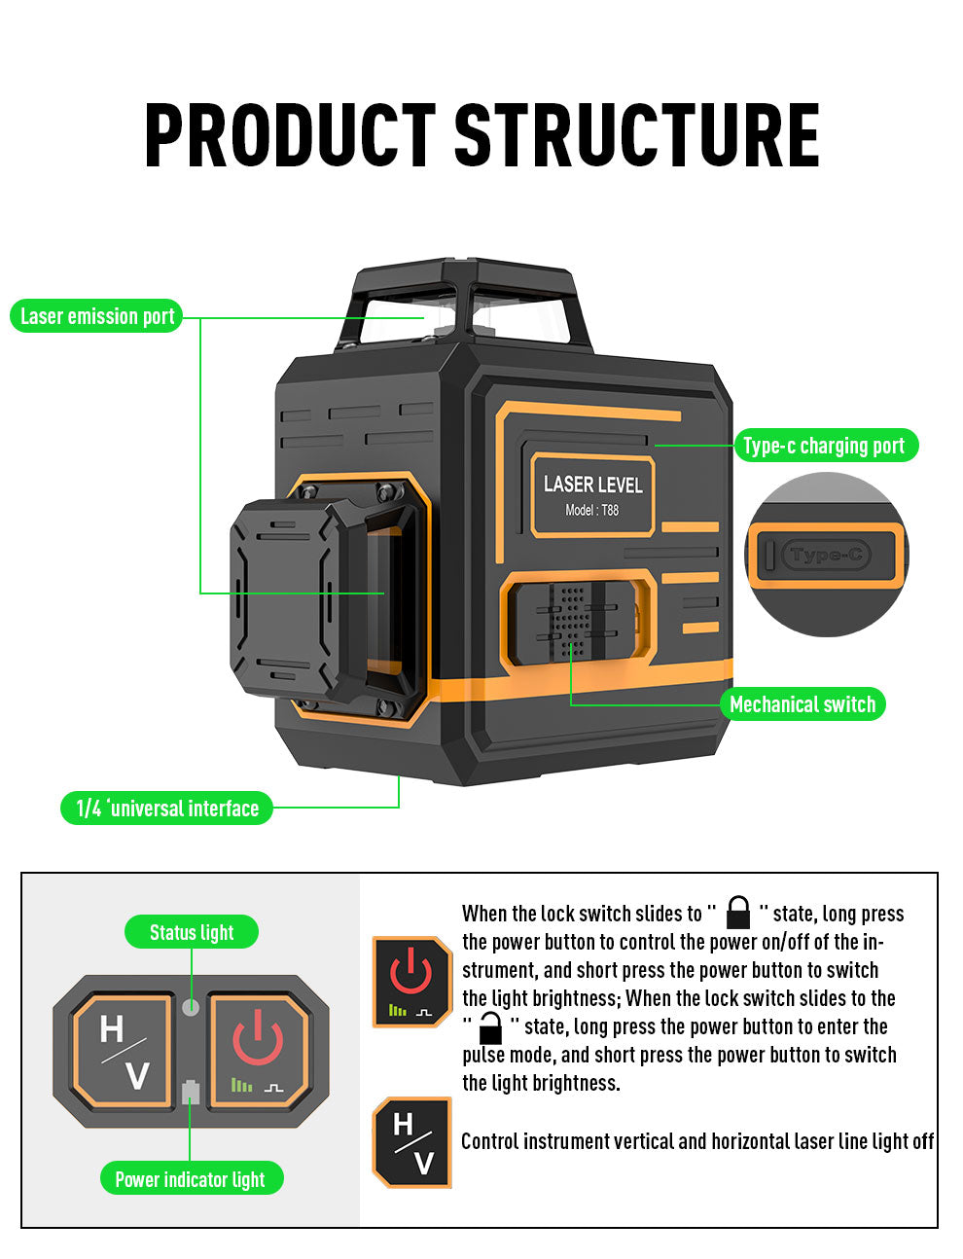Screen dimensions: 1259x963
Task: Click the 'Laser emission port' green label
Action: pos(96,316)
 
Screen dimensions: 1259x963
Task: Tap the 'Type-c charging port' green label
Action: pos(823,446)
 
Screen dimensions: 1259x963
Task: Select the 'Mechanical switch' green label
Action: pos(802,704)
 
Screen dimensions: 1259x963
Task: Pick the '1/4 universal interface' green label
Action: pos(166,809)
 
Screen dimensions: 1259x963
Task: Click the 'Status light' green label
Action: pos(192,932)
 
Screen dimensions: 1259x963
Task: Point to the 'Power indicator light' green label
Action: pos(191,1179)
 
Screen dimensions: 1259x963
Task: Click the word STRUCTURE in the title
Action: pos(637,136)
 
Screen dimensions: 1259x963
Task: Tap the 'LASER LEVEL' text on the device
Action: pos(592,485)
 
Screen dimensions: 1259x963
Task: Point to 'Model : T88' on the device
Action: pos(591,510)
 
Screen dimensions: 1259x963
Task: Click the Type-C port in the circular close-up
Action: pos(827,556)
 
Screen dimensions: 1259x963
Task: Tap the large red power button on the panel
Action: pos(258,1051)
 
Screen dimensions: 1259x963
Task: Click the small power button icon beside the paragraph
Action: pos(411,982)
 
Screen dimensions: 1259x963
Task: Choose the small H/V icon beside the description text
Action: pos(412,1142)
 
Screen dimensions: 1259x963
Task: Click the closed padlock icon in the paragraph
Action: pos(738,914)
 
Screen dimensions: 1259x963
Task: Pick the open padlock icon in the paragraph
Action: pos(490,1027)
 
